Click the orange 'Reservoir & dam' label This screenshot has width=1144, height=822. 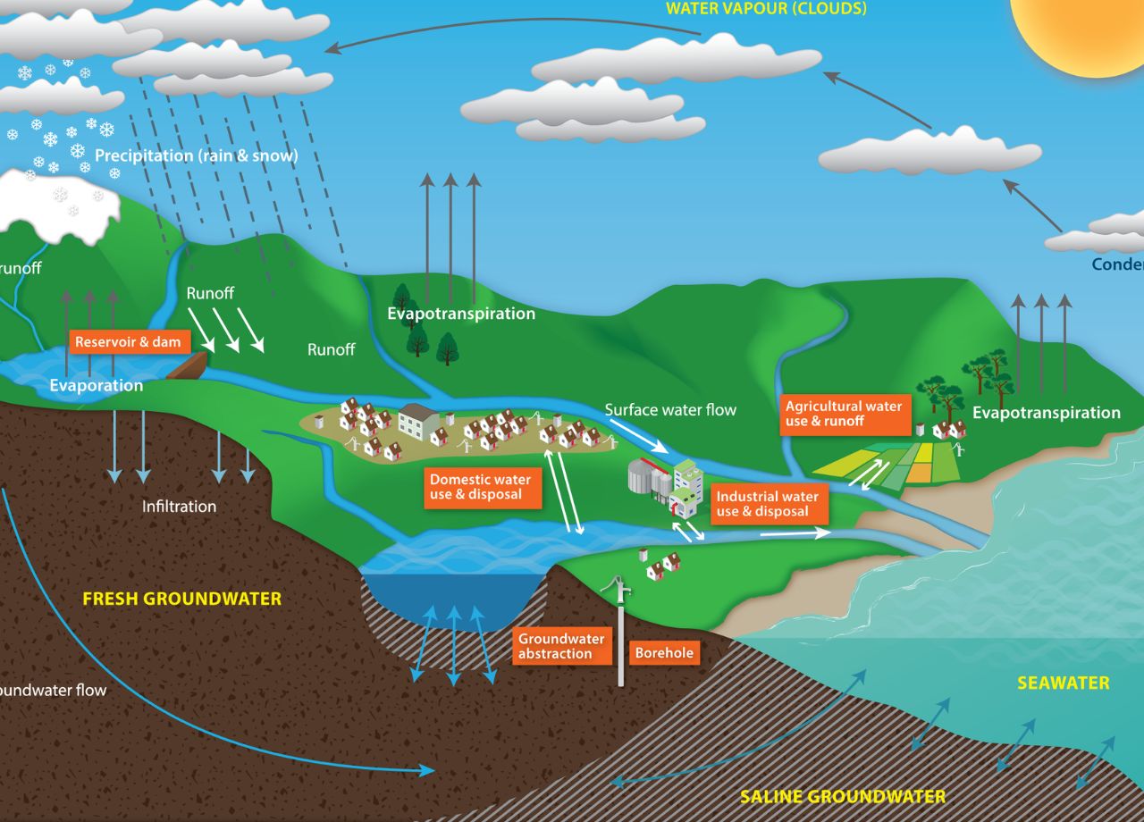click(x=128, y=342)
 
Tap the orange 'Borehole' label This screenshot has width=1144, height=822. click(x=663, y=653)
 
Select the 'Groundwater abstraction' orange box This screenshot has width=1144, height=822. click(x=561, y=646)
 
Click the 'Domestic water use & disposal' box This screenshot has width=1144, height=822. click(x=481, y=487)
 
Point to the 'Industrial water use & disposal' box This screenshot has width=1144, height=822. click(x=768, y=504)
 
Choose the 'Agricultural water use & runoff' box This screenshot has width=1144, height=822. click(x=844, y=414)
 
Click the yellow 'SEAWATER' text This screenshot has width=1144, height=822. click(x=1063, y=684)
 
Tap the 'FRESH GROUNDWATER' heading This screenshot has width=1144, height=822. click(x=181, y=599)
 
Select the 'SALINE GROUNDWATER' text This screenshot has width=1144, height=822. click(x=842, y=796)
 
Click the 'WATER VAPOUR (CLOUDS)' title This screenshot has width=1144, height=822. click(x=766, y=9)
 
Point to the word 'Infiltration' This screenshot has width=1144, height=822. click(x=179, y=507)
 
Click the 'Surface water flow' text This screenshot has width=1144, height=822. click(x=670, y=410)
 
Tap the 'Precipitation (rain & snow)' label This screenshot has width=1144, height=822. click(x=197, y=155)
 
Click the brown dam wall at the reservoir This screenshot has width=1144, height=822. click(x=187, y=365)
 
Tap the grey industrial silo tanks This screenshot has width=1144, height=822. click(x=648, y=477)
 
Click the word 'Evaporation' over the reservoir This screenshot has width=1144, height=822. click(x=96, y=386)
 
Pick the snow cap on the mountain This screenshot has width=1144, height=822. click(x=58, y=201)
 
